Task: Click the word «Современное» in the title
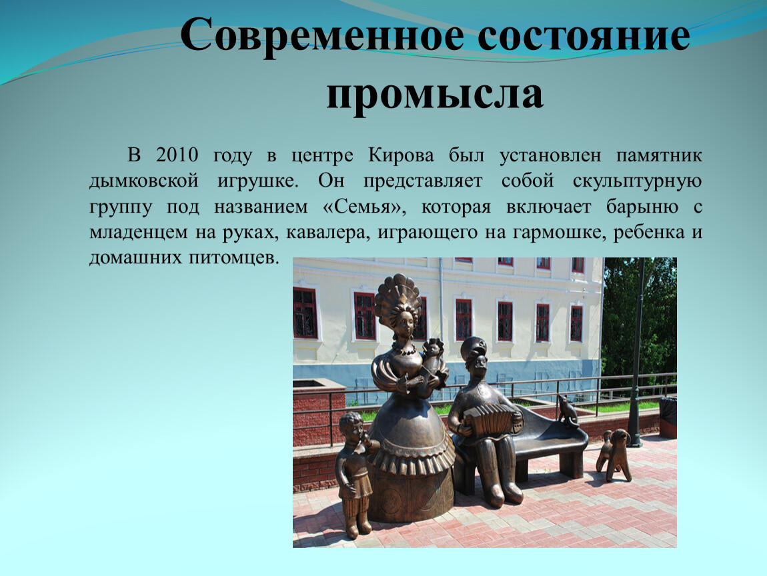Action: [323, 36]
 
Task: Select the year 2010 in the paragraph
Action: [177, 155]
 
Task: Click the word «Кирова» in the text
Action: [401, 155]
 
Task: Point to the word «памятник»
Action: [659, 156]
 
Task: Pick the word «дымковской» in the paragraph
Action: [144, 181]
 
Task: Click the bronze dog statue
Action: [614, 454]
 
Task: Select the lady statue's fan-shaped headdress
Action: [398, 294]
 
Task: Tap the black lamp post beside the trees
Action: [637, 352]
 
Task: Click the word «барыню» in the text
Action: [642, 207]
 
